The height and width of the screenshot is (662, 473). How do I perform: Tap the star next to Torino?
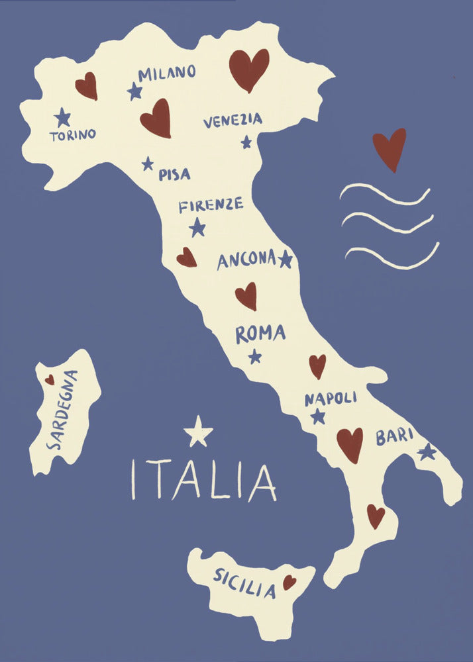click(62, 117)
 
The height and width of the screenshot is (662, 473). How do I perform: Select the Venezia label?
click(233, 121)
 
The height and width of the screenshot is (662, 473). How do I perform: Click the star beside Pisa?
click(148, 163)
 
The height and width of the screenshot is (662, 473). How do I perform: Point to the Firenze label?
click(211, 205)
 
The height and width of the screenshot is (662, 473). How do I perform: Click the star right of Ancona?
click(286, 259)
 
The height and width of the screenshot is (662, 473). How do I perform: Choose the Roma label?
click(260, 334)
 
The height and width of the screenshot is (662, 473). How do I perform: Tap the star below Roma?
click(255, 356)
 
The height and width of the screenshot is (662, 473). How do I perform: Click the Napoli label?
click(331, 399)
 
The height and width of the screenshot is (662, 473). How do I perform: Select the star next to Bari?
click(427, 451)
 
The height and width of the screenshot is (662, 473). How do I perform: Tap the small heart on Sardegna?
click(50, 379)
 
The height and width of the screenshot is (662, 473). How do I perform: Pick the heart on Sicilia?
click(289, 582)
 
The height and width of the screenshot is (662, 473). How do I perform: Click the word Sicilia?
click(244, 583)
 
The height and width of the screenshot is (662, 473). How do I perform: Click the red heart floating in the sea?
click(389, 148)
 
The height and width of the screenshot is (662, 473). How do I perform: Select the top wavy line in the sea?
click(384, 193)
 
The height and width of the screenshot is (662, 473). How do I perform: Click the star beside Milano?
click(135, 91)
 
